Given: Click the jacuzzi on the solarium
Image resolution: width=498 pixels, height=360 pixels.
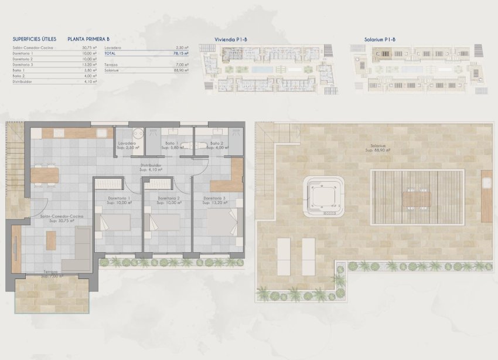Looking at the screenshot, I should (x=322, y=198).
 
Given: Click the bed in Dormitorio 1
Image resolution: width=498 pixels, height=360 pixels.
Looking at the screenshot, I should (x=114, y=222).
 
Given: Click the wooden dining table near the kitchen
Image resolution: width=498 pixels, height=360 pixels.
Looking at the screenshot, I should (x=46, y=175).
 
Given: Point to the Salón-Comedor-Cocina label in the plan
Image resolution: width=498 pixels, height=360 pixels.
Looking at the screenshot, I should (x=62, y=217).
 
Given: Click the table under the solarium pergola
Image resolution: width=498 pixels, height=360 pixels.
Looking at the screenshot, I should (x=418, y=198).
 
